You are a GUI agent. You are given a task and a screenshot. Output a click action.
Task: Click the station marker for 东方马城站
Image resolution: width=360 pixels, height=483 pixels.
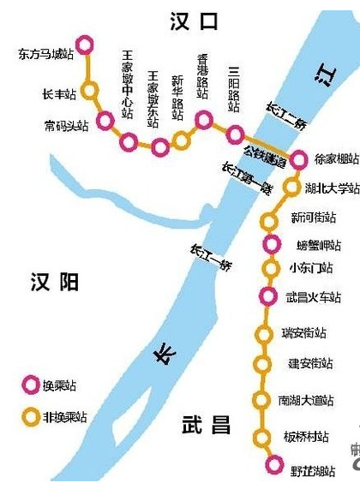[84, 45]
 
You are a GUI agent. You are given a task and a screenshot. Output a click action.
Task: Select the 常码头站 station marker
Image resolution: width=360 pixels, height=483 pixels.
[105, 121]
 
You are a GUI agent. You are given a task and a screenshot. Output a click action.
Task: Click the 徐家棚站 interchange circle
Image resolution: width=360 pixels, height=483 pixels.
[298, 159]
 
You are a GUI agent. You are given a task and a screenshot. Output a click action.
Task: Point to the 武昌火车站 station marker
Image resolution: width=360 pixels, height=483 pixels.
[269, 296]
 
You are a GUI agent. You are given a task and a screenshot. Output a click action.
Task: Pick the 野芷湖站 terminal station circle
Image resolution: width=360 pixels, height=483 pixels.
[273, 465]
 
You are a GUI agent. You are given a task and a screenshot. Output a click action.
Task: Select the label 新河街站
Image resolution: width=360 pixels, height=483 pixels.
[314, 218]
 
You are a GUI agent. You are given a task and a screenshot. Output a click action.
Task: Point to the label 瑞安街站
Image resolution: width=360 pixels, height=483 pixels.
[304, 333]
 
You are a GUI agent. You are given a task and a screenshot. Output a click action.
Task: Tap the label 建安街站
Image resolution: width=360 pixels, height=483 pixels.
[309, 364]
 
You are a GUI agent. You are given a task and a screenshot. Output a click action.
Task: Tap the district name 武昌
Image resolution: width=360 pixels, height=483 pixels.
[207, 425]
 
